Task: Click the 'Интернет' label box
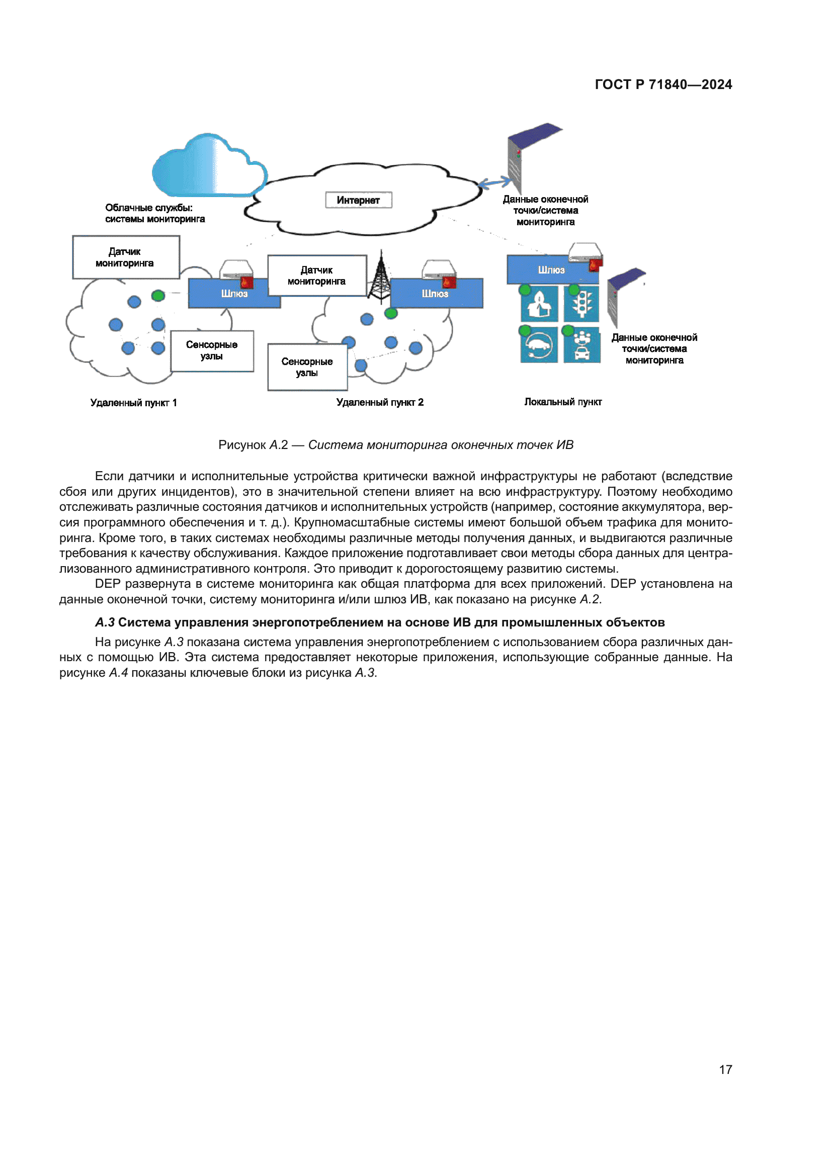(358, 200)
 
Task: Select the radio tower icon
(381, 277)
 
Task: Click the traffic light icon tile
(581, 303)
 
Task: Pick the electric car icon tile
(538, 345)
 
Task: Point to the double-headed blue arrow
(494, 182)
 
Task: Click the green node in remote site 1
(158, 295)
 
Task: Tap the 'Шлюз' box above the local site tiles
(551, 269)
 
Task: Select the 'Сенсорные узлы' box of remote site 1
(212, 350)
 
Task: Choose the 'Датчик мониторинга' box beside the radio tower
(316, 276)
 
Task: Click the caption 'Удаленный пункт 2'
(380, 402)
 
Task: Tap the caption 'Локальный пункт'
(562, 402)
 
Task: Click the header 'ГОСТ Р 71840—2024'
(663, 84)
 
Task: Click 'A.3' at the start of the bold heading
(105, 622)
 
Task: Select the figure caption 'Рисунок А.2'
(253, 444)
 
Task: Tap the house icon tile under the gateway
(539, 303)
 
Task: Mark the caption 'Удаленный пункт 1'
(133, 403)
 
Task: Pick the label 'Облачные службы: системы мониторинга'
(155, 213)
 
